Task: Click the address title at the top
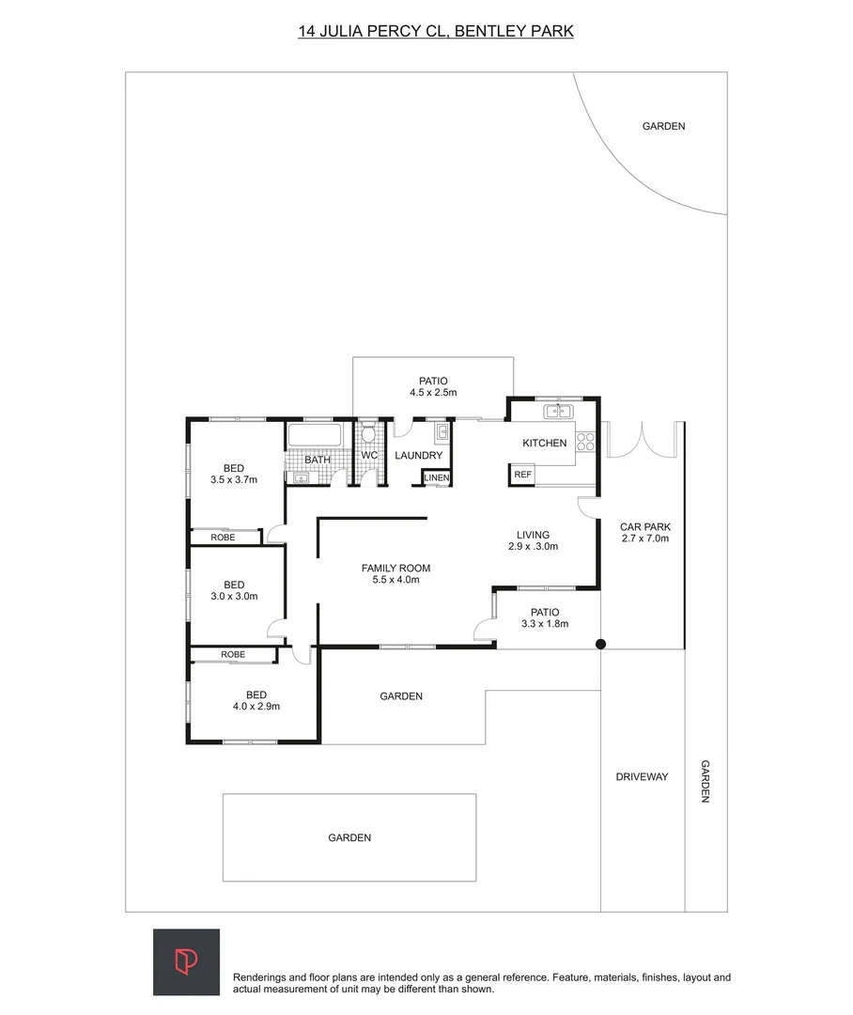(x=436, y=31)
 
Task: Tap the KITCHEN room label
(x=545, y=443)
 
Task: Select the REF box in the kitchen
(x=522, y=475)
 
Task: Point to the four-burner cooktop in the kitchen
(x=586, y=442)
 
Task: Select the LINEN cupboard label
(x=437, y=478)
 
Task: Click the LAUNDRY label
(x=418, y=456)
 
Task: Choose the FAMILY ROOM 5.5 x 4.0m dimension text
(x=395, y=580)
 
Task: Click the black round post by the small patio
(x=601, y=645)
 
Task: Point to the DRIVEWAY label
(x=642, y=777)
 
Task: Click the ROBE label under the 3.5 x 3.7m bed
(x=223, y=538)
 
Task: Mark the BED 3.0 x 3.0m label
(x=234, y=590)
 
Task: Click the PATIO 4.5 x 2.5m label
(x=433, y=386)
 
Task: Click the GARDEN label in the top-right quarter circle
(x=663, y=126)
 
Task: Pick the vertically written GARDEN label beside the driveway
(x=705, y=781)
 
